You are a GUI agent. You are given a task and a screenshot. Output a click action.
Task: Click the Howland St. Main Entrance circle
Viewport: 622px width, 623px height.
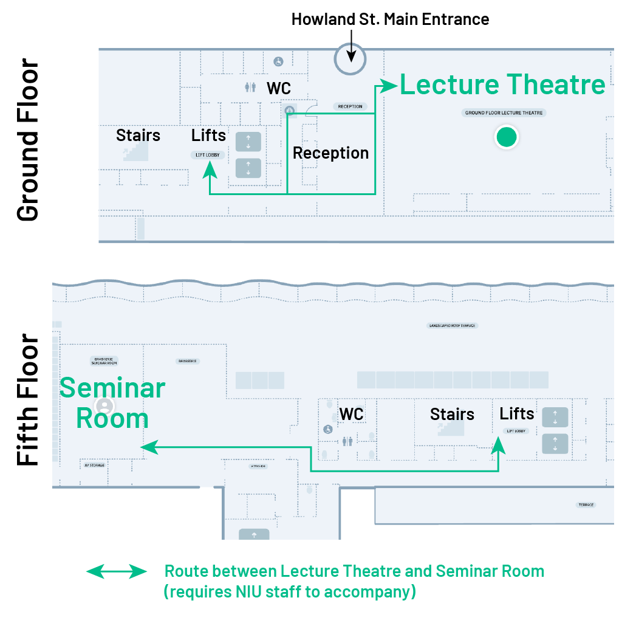point(350,60)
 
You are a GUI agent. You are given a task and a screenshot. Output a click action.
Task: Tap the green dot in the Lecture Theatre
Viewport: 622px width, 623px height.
point(506,137)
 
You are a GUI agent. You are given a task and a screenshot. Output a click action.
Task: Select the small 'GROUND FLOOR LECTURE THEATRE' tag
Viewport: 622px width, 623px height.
point(504,113)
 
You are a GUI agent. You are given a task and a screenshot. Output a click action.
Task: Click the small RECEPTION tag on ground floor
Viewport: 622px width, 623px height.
point(350,107)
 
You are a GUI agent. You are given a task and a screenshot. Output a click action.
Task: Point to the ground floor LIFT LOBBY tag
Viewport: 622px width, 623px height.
point(208,155)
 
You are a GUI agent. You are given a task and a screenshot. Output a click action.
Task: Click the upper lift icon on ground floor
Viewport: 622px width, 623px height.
point(248,142)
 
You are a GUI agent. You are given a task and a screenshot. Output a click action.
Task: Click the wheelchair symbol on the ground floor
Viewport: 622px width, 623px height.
point(278,61)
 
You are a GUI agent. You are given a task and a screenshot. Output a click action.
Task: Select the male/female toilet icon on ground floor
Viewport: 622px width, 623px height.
point(250,88)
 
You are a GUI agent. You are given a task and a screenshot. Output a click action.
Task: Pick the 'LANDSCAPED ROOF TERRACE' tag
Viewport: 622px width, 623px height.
point(453,326)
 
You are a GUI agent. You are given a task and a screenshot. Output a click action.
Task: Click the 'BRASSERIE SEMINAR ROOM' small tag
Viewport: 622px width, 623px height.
point(104,361)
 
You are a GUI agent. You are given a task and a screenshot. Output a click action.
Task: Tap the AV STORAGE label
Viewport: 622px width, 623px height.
point(94,466)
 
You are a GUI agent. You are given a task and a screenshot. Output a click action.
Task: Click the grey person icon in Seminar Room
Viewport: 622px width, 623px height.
point(104,405)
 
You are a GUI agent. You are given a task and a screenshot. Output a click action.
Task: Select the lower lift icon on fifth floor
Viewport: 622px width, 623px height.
point(555,444)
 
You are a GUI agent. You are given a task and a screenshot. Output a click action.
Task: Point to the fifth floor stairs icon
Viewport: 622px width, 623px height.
point(451,429)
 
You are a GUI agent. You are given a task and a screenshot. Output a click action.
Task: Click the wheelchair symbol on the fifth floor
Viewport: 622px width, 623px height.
point(328,429)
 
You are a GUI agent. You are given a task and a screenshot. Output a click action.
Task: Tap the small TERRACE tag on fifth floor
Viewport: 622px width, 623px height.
point(586,505)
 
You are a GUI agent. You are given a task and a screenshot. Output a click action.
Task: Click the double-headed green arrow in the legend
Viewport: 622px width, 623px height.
point(117,572)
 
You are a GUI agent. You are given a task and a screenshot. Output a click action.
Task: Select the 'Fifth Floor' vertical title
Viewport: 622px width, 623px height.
point(28,399)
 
